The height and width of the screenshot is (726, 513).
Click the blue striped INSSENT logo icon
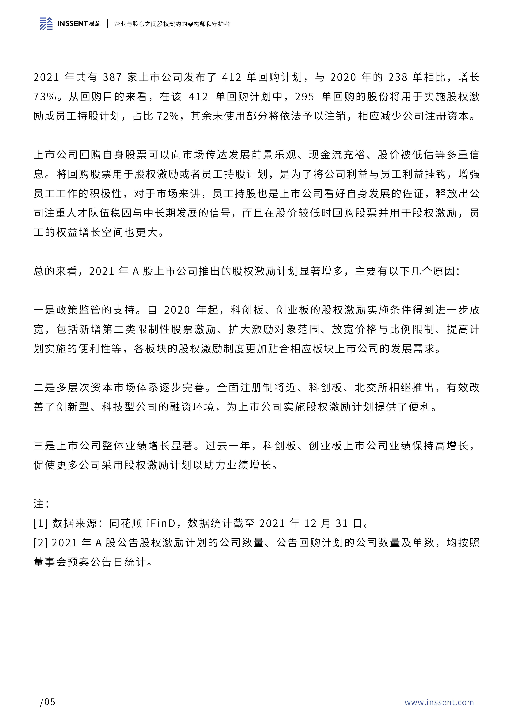click(x=46, y=24)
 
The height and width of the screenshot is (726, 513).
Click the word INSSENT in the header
click(x=72, y=24)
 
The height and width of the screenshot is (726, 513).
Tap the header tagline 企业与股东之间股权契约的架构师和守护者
click(x=172, y=24)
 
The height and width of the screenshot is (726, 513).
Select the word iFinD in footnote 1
click(x=161, y=523)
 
